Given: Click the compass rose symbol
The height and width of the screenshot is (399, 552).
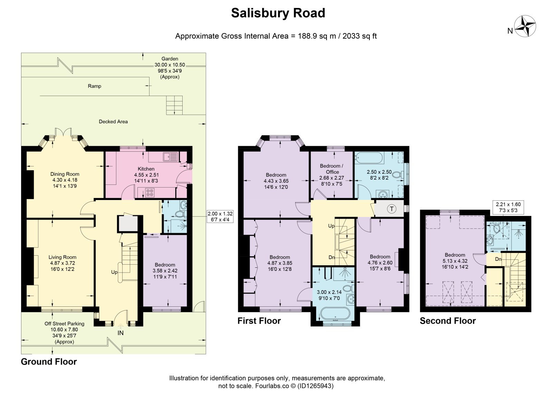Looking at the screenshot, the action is click(525, 26).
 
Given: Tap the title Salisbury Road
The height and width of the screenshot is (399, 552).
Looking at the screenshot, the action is click(278, 13).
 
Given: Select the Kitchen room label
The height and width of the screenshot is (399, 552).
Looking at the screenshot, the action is click(146, 169).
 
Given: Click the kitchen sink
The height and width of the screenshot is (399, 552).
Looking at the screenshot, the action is click(170, 156).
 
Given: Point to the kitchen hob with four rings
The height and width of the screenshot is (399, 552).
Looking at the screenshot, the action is click(150, 193).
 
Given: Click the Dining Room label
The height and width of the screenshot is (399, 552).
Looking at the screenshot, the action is click(65, 174).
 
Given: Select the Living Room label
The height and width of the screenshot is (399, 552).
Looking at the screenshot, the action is click(62, 257).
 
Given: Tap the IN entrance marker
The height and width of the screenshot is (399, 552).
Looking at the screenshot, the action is click(120, 333).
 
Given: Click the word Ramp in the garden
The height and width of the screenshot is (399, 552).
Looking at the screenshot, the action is click(95, 86).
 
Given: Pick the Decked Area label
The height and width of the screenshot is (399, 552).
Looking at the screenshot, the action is click(113, 122).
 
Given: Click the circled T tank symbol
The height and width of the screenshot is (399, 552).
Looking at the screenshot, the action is click(391, 209).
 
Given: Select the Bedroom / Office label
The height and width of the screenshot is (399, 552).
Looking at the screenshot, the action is click(332, 169).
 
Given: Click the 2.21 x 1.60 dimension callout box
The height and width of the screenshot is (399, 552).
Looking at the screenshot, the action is click(508, 207).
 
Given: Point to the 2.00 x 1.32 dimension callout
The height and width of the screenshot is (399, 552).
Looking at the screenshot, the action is click(220, 217).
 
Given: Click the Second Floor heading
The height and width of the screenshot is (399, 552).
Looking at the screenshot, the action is click(448, 321).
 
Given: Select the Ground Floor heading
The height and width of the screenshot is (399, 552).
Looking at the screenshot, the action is click(49, 362).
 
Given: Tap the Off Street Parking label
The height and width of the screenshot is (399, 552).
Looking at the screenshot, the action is click(64, 324).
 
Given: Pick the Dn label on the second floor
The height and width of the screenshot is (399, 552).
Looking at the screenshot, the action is click(498, 259).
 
